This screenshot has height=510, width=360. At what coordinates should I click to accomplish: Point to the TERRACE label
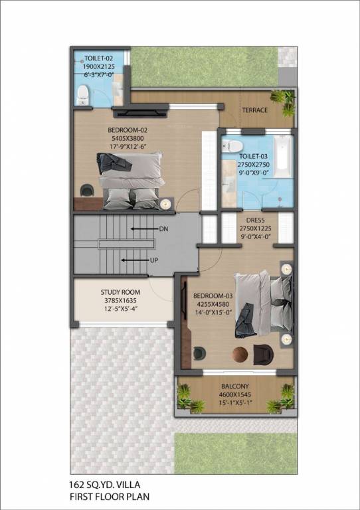[254, 110]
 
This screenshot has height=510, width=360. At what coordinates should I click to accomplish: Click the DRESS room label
[256, 220]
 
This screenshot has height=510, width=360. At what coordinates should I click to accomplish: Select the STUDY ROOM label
[120, 292]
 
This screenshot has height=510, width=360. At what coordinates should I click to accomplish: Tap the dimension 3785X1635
[120, 300]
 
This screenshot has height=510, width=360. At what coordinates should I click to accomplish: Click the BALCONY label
[235, 386]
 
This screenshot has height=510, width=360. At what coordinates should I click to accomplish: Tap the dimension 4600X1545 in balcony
[235, 394]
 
